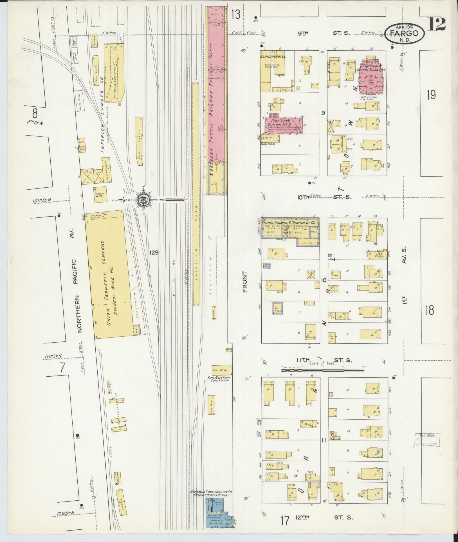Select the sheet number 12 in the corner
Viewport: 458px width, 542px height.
[437, 24]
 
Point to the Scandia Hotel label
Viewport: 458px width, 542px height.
[273, 57]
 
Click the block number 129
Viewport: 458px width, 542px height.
[154, 253]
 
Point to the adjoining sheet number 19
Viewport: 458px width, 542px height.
[431, 95]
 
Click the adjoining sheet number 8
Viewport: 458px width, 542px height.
[35, 114]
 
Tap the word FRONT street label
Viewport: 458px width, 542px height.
[244, 281]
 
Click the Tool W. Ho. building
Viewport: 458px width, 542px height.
[222, 370]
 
